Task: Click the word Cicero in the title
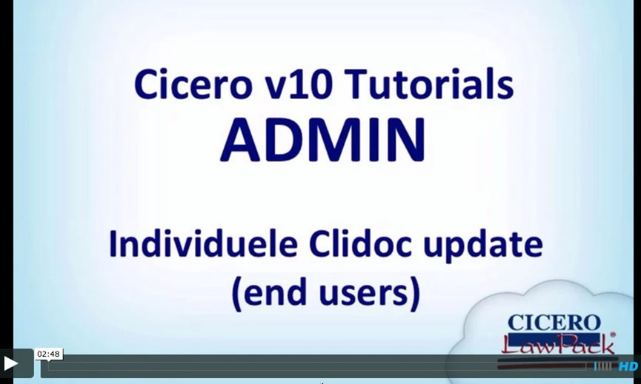192,84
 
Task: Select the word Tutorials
429,84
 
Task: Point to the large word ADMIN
323,140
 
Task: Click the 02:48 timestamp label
49,354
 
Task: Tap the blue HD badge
628,366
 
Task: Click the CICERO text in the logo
554,323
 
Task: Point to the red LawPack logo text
558,343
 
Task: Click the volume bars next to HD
603,366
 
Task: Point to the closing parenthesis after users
415,293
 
